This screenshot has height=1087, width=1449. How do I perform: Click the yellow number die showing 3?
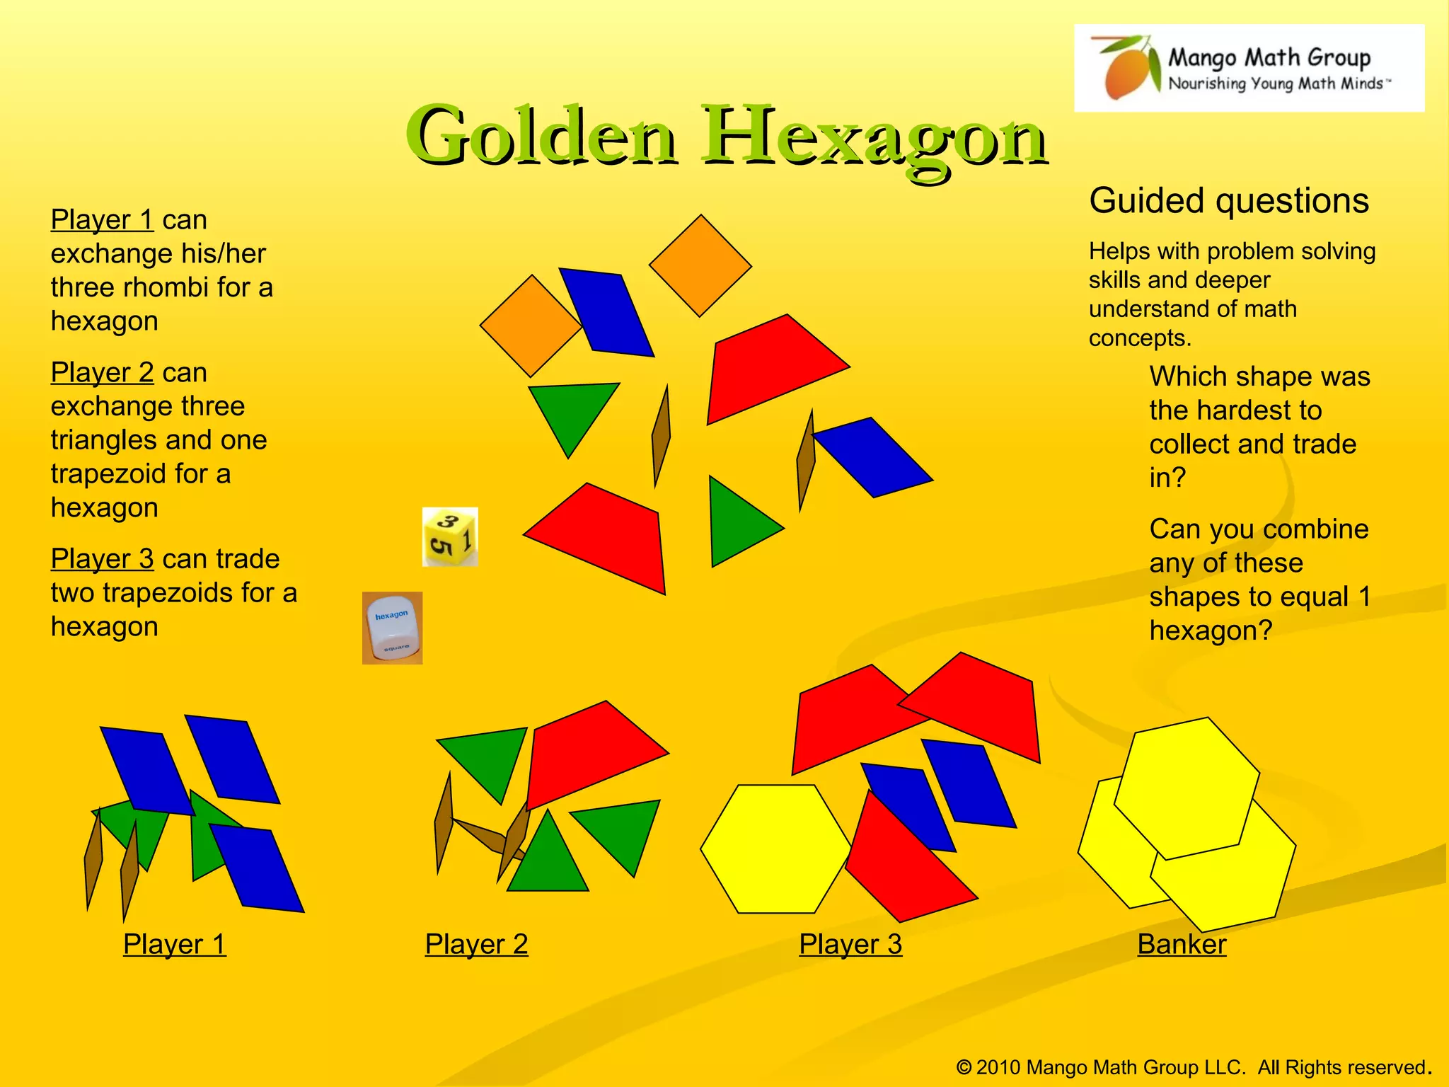point(450,537)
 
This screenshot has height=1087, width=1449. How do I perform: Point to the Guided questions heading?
point(1229,201)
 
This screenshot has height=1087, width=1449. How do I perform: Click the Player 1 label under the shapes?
point(175,944)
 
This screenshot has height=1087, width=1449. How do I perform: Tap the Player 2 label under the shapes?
point(476,944)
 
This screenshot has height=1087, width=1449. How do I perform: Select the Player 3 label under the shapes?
point(850,944)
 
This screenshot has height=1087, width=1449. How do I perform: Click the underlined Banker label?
point(1182,944)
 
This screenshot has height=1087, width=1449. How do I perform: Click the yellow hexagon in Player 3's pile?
point(775,849)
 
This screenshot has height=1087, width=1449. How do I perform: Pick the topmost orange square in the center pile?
point(700,266)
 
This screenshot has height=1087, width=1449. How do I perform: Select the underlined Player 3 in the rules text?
point(102,559)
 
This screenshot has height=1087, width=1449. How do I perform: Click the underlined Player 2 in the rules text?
point(102,372)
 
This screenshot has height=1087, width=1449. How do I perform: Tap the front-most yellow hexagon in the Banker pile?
point(1187,789)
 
